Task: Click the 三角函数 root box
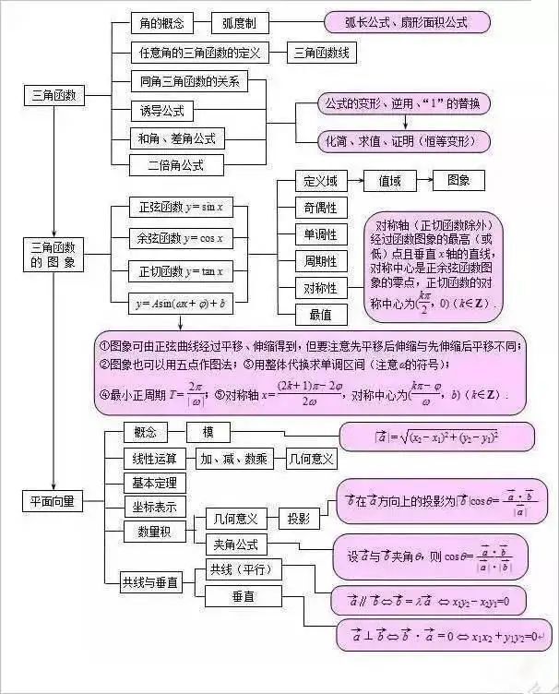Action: point(54,95)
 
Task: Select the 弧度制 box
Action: point(244,23)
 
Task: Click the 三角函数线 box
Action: point(322,53)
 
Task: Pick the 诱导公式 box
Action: point(161,111)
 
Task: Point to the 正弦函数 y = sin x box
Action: point(181,207)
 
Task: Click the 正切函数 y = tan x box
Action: point(181,271)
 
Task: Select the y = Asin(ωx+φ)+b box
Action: point(181,302)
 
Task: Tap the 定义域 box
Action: point(320,181)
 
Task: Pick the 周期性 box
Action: point(320,261)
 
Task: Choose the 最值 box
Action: point(320,315)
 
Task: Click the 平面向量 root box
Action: point(54,501)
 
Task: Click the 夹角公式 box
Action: point(235,544)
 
